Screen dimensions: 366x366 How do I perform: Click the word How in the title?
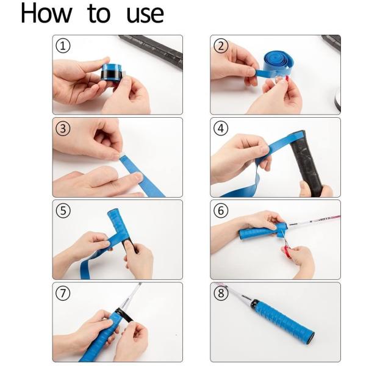coord(46,13)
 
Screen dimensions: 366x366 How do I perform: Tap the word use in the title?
coord(145,15)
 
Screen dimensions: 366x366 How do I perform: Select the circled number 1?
coord(63,46)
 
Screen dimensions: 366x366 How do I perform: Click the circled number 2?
coord(221,46)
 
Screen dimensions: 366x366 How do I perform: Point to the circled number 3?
coord(63,128)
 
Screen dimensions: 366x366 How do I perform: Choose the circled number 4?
coord(221,128)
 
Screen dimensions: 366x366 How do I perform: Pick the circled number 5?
coord(63,210)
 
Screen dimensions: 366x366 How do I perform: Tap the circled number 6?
coord(221,210)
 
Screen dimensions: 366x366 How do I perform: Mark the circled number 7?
coord(63,293)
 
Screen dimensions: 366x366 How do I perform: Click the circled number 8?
coord(221,293)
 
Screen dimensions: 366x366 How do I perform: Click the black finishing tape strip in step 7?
coord(125,315)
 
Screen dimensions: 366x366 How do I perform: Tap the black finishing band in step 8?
coord(254,304)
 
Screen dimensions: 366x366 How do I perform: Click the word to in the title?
coord(99,14)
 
